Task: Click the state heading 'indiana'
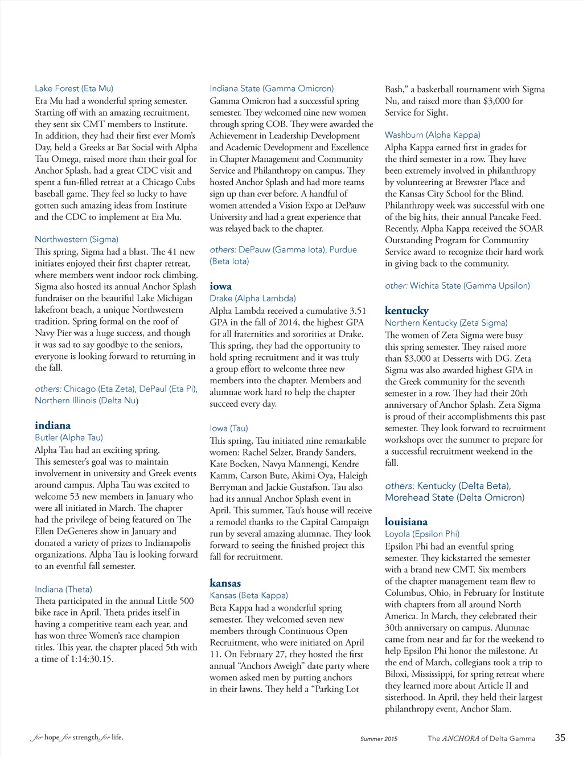pos(53,425)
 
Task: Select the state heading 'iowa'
pos(220,287)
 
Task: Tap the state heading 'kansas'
pos(225,583)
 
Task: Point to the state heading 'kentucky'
pos(407,310)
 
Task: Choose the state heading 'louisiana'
pos(406,522)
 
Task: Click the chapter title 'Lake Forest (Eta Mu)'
pos(74,88)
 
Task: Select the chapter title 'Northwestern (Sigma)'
pos(76,239)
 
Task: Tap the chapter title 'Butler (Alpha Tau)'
pos(69,437)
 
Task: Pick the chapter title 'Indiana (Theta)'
pos(63,589)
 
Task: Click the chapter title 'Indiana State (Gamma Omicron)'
pos(272,88)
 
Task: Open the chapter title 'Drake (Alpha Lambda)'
pos(252,298)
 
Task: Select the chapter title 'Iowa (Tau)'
pos(228,428)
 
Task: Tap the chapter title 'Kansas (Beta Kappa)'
pos(248,595)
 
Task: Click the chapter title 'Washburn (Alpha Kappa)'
pos(432,135)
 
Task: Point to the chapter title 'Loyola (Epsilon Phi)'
pos(422,534)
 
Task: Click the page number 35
pos(560,738)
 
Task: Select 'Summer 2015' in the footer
pos(379,739)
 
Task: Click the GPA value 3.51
pos(358,311)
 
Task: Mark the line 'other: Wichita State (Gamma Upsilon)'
pos(457,286)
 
